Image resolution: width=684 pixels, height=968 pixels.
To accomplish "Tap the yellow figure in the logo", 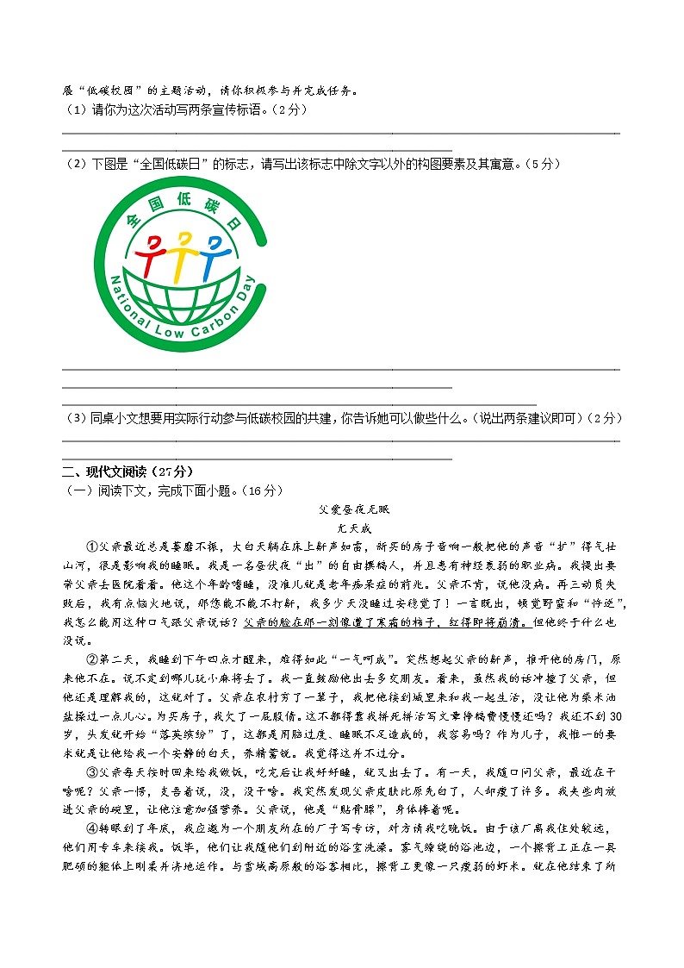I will click(183, 250).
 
